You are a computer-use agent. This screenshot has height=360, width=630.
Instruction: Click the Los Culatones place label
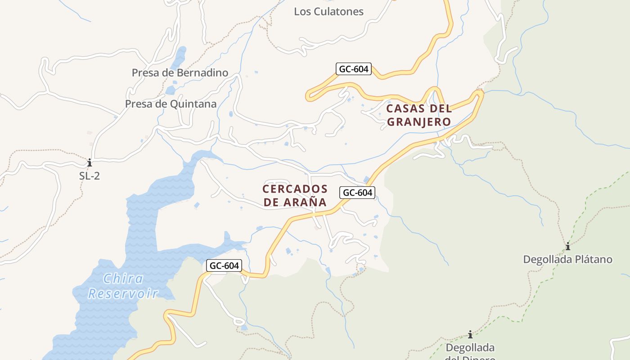coord(328,12)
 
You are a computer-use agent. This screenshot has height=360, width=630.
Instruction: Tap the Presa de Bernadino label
coord(180,72)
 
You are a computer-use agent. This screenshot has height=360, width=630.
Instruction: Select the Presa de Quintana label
coord(171,104)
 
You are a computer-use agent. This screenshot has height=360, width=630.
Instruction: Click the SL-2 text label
coord(90,176)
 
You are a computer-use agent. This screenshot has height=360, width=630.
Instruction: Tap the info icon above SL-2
coord(90,162)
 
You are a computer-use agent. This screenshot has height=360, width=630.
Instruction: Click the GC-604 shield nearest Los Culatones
coord(353,69)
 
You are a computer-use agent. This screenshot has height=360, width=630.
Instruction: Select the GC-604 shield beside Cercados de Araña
coord(358,193)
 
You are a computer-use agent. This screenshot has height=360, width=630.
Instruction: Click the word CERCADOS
coord(295,189)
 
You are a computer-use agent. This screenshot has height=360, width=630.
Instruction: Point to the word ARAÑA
coord(309,202)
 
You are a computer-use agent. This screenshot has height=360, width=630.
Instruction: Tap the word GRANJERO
coord(419,122)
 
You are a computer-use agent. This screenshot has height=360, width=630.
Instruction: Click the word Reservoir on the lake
coord(123,294)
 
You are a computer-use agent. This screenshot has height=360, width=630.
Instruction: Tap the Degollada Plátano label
coord(567,260)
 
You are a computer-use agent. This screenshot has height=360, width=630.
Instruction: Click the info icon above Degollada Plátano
coord(568,246)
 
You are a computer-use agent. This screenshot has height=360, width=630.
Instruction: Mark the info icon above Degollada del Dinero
coord(470,334)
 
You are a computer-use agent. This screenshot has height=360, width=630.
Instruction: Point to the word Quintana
coord(193,104)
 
